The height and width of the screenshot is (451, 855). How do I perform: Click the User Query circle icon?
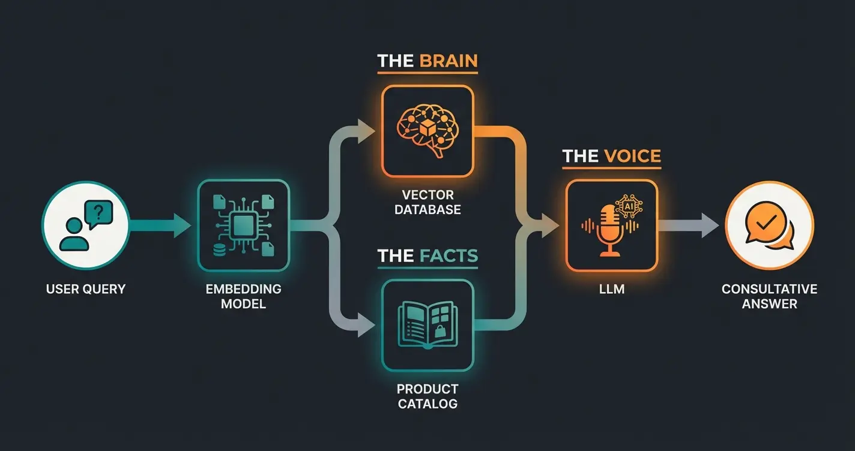pyautogui.click(x=85, y=226)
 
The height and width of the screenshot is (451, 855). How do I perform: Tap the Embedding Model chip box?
pyautogui.click(x=243, y=225)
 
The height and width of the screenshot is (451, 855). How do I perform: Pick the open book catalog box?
pyautogui.click(x=427, y=326)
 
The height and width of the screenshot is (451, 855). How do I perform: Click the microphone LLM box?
pyautogui.click(x=611, y=225)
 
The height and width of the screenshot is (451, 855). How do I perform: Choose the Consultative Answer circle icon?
pyautogui.click(x=769, y=226)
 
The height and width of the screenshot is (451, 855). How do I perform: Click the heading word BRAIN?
pyautogui.click(x=448, y=61)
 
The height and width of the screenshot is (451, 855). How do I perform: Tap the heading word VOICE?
pyautogui.click(x=632, y=157)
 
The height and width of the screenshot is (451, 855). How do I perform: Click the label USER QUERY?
pyautogui.click(x=85, y=289)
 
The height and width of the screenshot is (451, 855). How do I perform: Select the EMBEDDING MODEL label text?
pyautogui.click(x=243, y=296)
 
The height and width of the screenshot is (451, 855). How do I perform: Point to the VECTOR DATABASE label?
pyautogui.click(x=427, y=203)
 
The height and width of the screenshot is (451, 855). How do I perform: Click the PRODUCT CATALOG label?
pyautogui.click(x=427, y=396)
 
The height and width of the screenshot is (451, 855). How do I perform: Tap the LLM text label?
pyautogui.click(x=611, y=289)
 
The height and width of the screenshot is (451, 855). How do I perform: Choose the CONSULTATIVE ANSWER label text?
pyautogui.click(x=769, y=296)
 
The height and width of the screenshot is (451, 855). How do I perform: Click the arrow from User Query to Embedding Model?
pyautogui.click(x=159, y=226)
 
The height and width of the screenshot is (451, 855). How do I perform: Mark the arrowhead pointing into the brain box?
pyautogui.click(x=365, y=130)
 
